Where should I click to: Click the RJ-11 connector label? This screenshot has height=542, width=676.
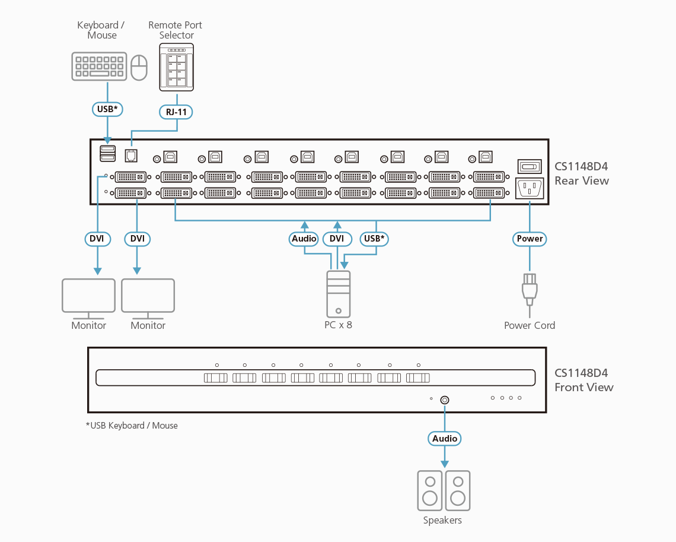(x=177, y=111)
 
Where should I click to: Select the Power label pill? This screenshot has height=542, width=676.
(x=530, y=239)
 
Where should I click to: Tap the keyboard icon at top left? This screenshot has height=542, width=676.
(x=99, y=66)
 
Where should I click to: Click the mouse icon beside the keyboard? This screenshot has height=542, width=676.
(x=139, y=68)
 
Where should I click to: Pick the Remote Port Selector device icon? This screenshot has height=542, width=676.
(x=177, y=70)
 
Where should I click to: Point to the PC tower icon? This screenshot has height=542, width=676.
(x=338, y=294)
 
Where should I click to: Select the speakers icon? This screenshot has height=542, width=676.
(x=444, y=490)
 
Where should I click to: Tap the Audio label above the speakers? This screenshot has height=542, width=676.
(x=445, y=439)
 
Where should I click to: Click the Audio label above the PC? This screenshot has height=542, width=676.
(x=304, y=239)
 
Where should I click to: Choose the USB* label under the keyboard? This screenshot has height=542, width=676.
(x=107, y=109)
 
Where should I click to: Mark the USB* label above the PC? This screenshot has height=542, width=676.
(x=375, y=239)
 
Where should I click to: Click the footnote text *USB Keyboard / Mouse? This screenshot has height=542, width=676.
(x=132, y=426)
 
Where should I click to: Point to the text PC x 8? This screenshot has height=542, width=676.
(x=338, y=325)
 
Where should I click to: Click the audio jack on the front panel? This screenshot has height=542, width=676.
(x=445, y=400)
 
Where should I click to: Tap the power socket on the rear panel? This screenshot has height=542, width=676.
(x=530, y=189)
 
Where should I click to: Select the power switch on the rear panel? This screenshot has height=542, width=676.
(x=530, y=167)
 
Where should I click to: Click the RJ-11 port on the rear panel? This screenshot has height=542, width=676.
(x=130, y=155)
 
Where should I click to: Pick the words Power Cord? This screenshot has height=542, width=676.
(x=530, y=325)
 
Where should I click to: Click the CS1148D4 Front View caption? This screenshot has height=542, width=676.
(x=583, y=380)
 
